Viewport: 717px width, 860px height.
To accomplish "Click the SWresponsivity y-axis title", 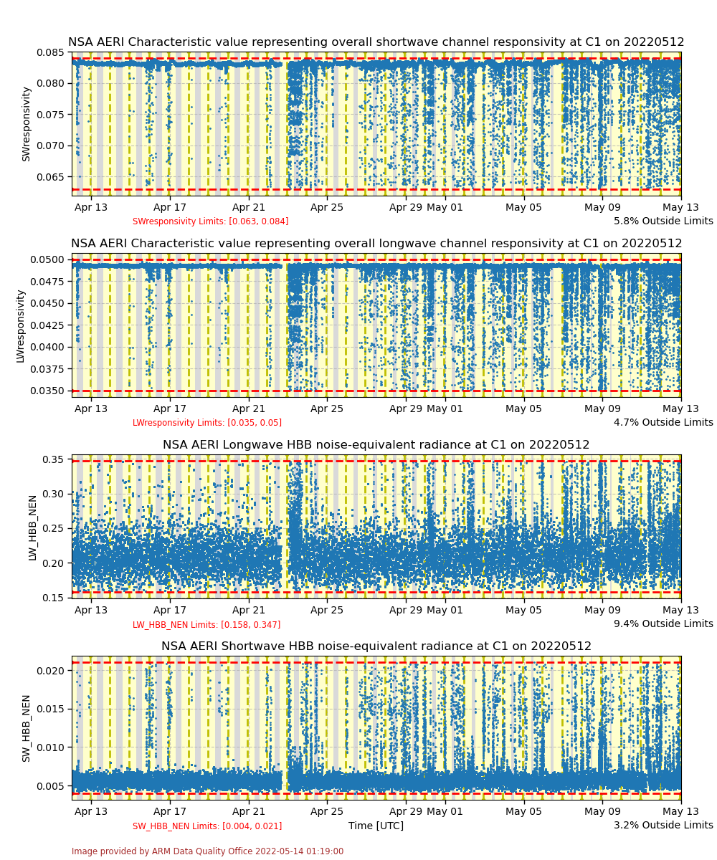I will click(x=26, y=123).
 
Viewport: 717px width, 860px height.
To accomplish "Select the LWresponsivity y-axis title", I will click(x=20, y=325).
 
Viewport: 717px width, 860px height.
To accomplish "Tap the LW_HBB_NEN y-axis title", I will click(x=32, y=527).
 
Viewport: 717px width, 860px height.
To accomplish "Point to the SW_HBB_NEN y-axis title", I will click(x=26, y=727).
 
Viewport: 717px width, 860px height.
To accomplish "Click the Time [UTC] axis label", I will click(x=376, y=826).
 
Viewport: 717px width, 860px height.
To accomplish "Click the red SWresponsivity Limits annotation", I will click(x=210, y=221).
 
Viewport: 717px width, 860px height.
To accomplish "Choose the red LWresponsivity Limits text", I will click(x=206, y=423).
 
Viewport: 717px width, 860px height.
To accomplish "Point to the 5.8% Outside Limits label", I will click(x=663, y=221).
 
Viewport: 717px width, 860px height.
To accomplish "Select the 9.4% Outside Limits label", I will click(x=663, y=623).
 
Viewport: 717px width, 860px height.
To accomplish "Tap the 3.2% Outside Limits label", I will click(x=663, y=825).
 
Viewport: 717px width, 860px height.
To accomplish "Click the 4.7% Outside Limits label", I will click(x=663, y=422).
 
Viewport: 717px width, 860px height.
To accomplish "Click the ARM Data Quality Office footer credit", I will click(x=207, y=851).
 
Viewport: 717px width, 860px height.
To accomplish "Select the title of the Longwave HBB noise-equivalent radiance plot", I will click(x=376, y=445).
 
